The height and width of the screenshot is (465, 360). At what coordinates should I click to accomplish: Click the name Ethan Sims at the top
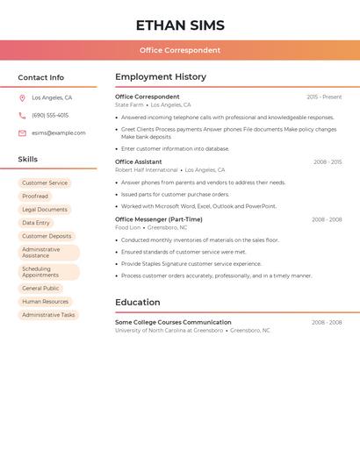tap(180, 25)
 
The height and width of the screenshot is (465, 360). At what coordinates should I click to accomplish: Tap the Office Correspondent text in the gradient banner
tap(180, 50)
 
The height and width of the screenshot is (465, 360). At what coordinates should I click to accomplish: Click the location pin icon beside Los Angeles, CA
tap(22, 98)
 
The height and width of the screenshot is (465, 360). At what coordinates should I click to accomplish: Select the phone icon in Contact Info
tap(22, 115)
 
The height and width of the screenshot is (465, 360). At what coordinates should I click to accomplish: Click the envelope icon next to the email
tap(22, 133)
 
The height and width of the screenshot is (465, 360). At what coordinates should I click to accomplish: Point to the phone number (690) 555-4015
tap(50, 115)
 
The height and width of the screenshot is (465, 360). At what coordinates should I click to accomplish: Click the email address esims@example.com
tap(59, 133)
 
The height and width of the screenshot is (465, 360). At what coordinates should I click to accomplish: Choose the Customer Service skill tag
tap(45, 183)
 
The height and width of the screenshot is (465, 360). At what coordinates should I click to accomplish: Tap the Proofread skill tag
tap(35, 197)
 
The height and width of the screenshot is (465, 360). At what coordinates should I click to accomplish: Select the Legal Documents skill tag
tap(45, 210)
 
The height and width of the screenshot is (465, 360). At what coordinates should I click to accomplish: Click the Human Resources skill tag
tap(45, 302)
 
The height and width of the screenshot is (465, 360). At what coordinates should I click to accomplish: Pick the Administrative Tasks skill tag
tap(48, 315)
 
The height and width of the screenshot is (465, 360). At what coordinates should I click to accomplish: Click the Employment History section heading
tap(161, 77)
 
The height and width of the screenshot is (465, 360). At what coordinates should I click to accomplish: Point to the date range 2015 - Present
tap(324, 97)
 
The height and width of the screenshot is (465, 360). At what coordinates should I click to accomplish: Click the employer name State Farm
tap(129, 105)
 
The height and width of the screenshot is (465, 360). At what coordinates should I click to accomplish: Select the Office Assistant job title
tap(139, 161)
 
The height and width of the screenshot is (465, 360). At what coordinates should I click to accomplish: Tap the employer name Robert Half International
tap(147, 170)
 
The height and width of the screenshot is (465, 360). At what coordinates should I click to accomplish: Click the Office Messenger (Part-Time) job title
tap(159, 219)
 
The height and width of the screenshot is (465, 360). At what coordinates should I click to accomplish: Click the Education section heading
tap(137, 303)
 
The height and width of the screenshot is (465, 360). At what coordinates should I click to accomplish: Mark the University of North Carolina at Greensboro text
tap(169, 331)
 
